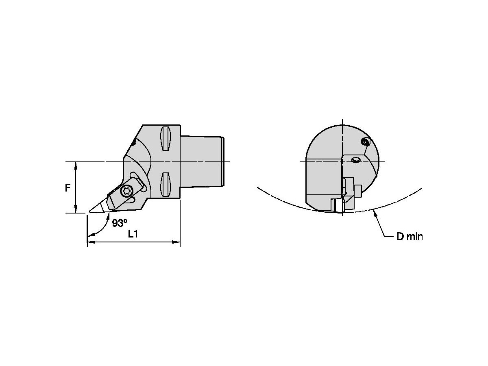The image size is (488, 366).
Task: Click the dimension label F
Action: [68, 188]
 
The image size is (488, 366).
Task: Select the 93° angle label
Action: [120, 223]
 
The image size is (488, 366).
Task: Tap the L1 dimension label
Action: [133, 234]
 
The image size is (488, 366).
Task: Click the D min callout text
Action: [410, 236]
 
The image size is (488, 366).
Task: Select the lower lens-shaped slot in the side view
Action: [166, 184]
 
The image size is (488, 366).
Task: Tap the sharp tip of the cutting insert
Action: [89, 211]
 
